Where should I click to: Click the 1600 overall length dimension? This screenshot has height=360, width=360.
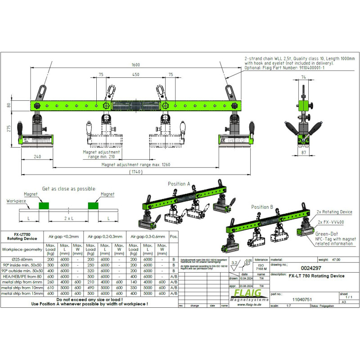click(x=135, y=64)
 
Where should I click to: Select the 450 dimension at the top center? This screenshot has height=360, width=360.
click(x=135, y=75)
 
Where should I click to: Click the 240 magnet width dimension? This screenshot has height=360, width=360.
click(x=37, y=157)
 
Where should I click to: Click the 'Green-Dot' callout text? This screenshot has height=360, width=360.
click(x=327, y=234)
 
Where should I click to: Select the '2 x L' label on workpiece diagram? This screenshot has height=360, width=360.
click(x=69, y=218)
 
